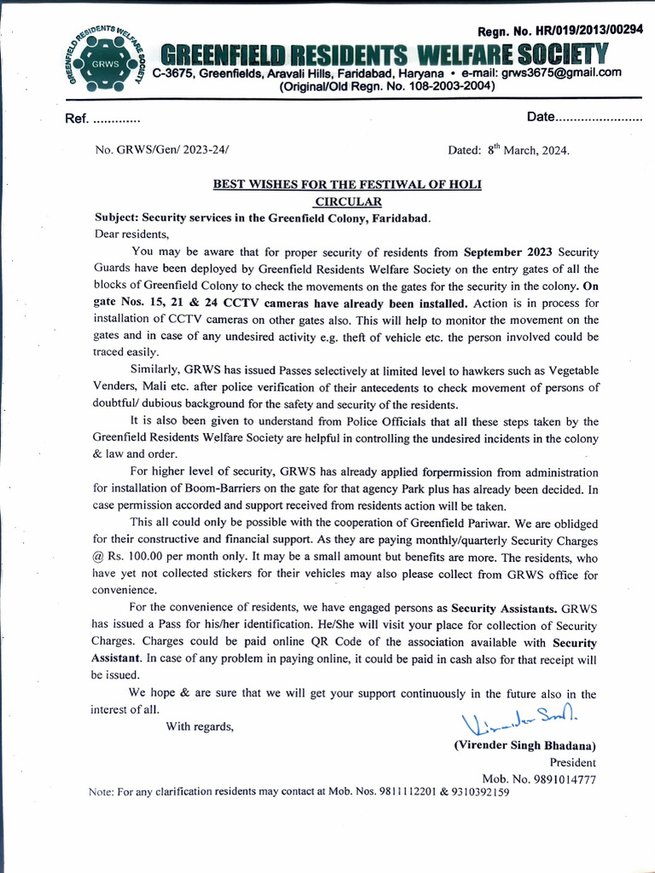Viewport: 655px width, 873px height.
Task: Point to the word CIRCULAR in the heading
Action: click(x=348, y=201)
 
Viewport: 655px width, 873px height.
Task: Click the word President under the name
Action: click(x=572, y=762)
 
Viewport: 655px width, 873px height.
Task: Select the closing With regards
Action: click(x=200, y=726)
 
